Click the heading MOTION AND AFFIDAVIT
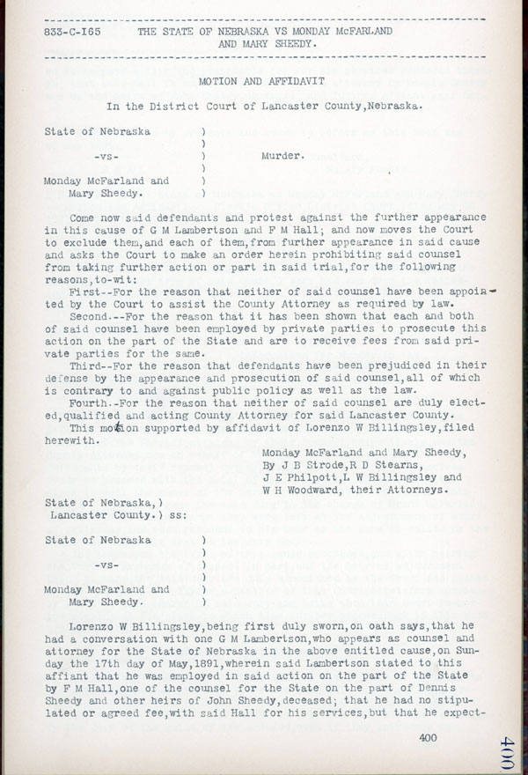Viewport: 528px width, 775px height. pos(262,80)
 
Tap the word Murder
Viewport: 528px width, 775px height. pos(283,156)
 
